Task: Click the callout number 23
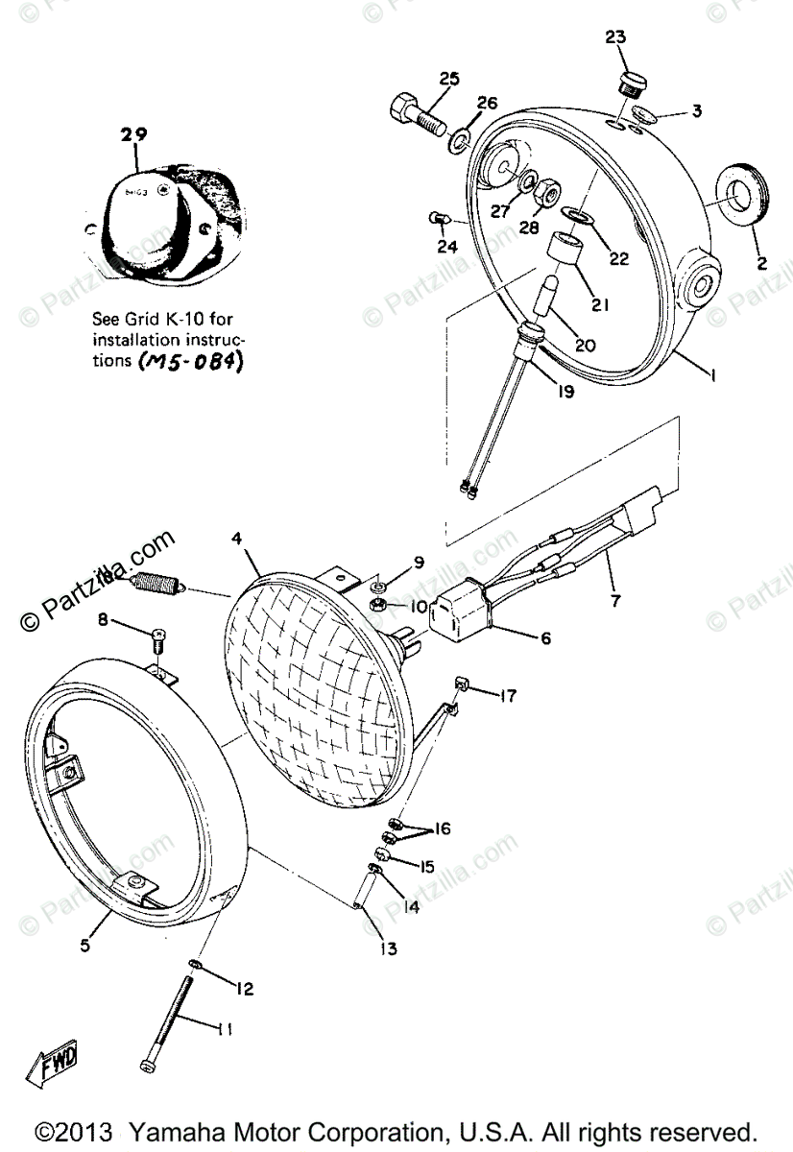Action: [615, 38]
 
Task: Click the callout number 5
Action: [84, 946]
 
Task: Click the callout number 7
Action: [614, 602]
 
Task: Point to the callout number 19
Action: [565, 392]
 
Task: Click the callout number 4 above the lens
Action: [236, 540]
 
